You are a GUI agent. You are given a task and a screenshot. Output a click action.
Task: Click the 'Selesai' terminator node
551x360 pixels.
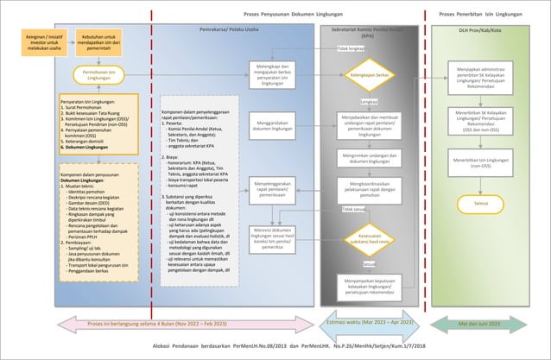pos(481,203)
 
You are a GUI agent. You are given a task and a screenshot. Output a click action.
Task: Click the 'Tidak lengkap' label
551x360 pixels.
pos(349,49)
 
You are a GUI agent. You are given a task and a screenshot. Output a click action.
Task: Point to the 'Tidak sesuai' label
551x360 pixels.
pos(352,209)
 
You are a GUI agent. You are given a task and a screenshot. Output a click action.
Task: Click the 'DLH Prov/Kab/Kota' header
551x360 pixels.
pos(481,28)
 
